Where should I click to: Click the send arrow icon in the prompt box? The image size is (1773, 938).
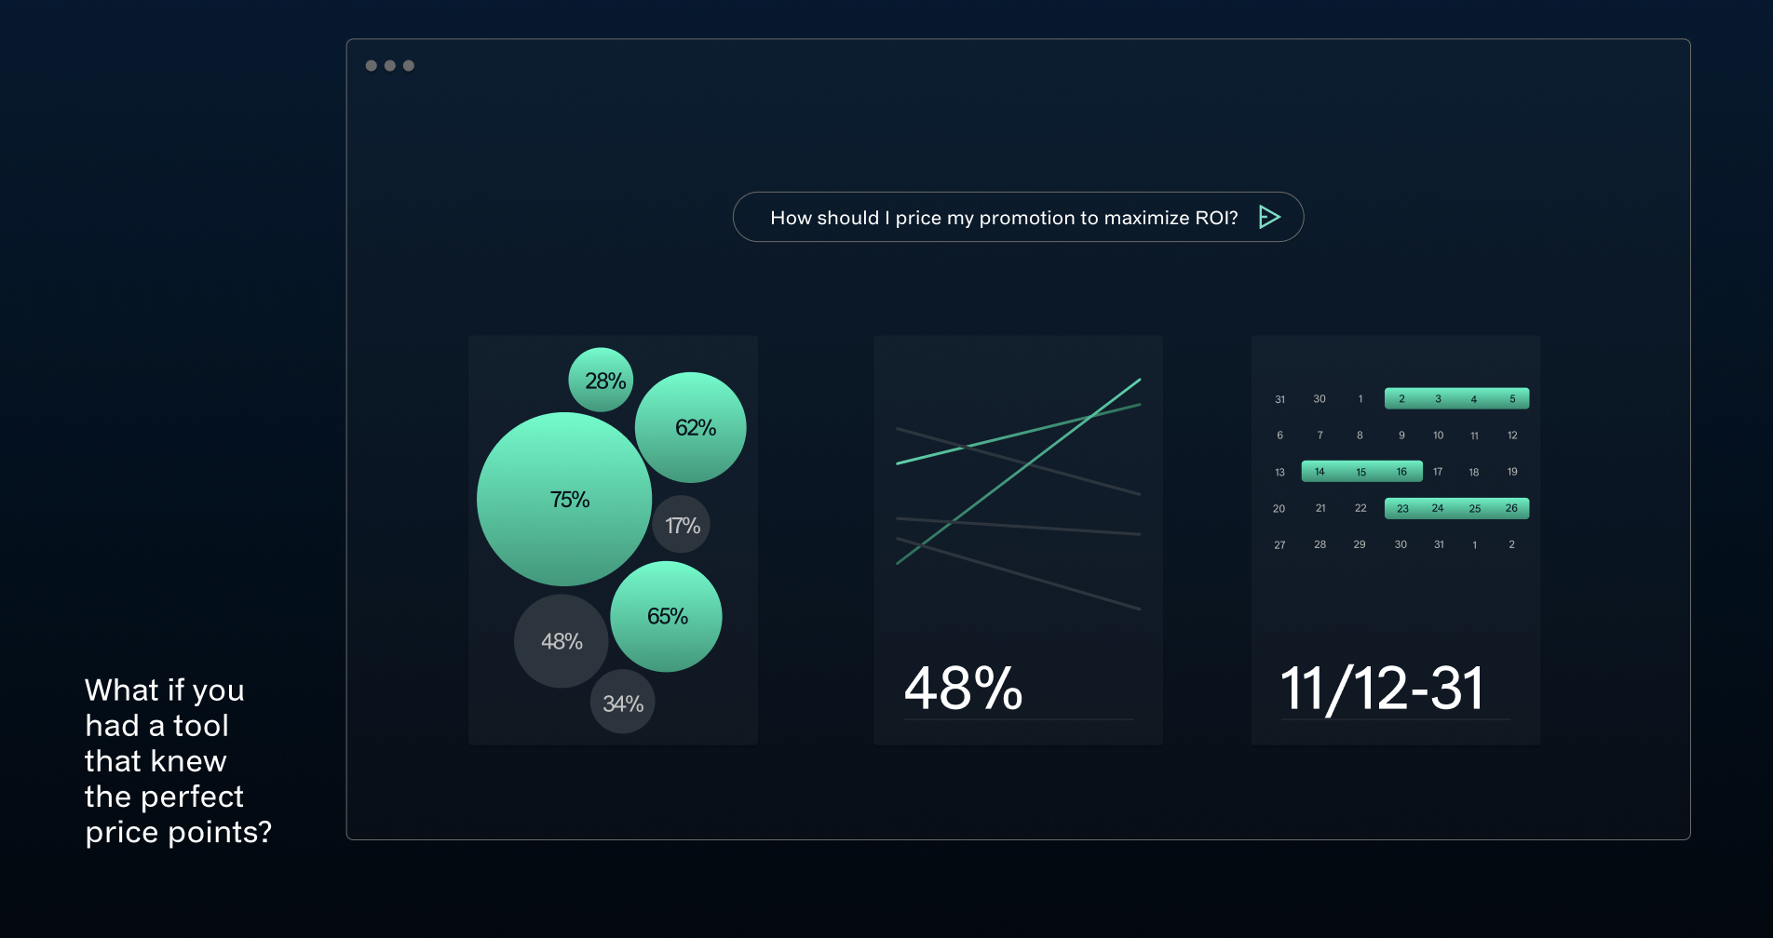pos(1269,217)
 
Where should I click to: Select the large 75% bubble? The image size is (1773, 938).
pos(564,499)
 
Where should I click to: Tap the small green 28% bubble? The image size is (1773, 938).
pos(601,380)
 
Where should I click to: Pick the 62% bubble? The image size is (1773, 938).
pos(690,427)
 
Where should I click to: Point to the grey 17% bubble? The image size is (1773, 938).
pos(682,525)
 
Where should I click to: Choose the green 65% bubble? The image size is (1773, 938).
pos(666,616)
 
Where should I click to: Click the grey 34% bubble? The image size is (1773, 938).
pos(623,702)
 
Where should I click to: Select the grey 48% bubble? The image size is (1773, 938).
pos(562,641)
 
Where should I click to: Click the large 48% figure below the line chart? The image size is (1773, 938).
pos(964,689)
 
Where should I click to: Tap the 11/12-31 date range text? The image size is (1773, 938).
pos(1383,689)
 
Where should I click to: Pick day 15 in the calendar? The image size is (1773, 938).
pos(1360,472)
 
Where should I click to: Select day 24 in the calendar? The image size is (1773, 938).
pos(1438,508)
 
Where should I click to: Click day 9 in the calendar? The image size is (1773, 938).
pos(1401,435)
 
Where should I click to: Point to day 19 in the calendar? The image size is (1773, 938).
pos(1512,472)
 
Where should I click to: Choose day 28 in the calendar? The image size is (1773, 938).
pos(1320,544)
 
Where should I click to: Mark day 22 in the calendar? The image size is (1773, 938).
pos(1360,508)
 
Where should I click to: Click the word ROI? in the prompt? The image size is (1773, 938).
pos(1216,218)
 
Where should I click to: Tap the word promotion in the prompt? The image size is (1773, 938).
pos(1026,219)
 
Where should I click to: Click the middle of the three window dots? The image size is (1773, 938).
pos(390,65)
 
